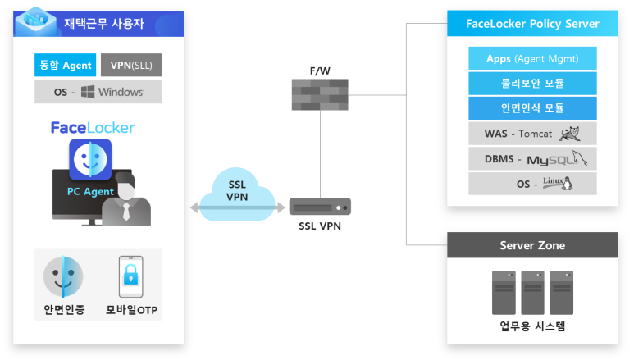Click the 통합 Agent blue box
(66, 65)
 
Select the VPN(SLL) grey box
(131, 65)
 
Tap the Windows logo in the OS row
(88, 92)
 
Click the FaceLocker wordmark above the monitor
(93, 128)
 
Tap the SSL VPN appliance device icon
(320, 206)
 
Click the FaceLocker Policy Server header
(532, 22)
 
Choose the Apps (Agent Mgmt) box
(532, 59)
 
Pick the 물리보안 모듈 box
(532, 84)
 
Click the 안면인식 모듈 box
(532, 108)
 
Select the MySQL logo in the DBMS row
(558, 159)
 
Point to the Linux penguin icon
(564, 184)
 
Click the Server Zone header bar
(532, 245)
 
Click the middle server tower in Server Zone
(532, 293)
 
